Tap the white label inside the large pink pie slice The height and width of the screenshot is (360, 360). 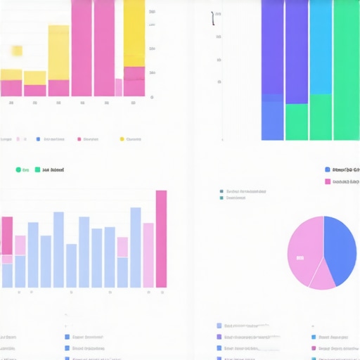[x=300, y=258]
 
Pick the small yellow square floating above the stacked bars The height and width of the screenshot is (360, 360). [x=17, y=51]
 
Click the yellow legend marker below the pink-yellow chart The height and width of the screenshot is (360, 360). [x=122, y=139]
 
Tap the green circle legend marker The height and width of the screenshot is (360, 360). [x=17, y=169]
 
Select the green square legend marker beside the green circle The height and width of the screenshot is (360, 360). [x=37, y=169]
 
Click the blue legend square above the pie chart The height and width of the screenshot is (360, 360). [x=328, y=169]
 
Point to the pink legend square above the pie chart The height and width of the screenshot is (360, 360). [x=328, y=182]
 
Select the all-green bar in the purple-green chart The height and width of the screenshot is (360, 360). [x=345, y=70]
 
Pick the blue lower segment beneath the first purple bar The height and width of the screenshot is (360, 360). [x=272, y=120]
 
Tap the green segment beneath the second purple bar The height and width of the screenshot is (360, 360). [x=296, y=122]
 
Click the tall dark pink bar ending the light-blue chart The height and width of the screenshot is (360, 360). [x=161, y=239]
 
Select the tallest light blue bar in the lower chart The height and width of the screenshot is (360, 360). [x=135, y=247]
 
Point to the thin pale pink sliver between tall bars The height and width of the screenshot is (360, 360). [x=119, y=87]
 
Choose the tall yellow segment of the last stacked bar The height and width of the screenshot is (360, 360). [x=134, y=32]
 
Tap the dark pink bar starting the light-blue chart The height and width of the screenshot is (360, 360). [x=7, y=236]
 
